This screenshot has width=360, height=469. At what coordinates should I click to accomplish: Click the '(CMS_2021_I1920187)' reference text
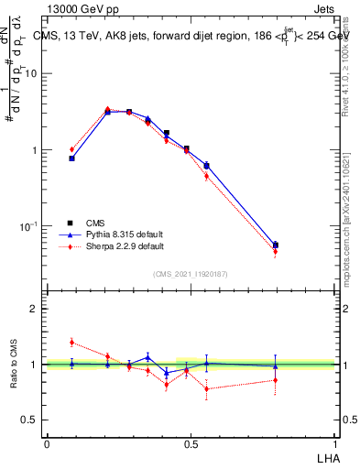click(191, 274)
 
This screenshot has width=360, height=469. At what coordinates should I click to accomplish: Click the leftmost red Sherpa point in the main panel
click(71, 149)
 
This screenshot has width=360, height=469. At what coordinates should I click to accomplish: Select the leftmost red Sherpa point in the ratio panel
click(71, 342)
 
